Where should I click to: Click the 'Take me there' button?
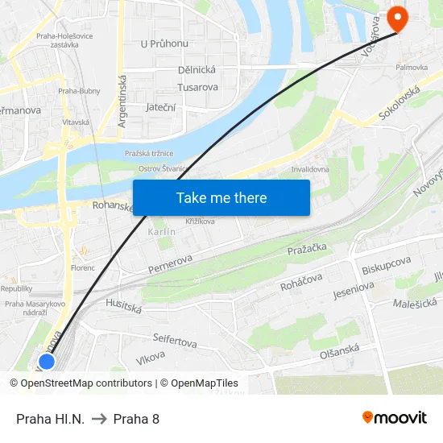(x=221, y=197)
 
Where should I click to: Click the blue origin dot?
(x=47, y=361)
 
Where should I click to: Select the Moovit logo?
(x=394, y=417)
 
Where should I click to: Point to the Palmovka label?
(x=411, y=68)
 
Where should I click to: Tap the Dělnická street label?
(x=197, y=70)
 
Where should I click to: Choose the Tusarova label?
(x=198, y=87)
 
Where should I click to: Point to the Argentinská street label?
(x=123, y=101)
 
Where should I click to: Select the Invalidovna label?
(x=310, y=170)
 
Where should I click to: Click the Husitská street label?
(x=123, y=305)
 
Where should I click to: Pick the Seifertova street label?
(x=175, y=341)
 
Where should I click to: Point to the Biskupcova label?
(x=387, y=263)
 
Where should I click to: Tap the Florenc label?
(x=82, y=267)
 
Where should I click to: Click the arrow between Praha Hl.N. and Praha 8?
(x=99, y=418)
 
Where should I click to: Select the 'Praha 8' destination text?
(x=136, y=418)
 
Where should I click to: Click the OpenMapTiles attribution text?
(x=199, y=383)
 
